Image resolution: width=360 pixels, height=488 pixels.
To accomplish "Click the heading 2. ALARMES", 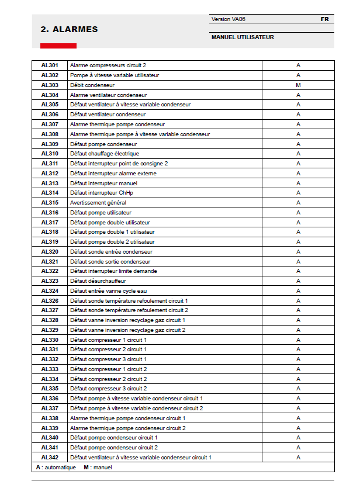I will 69,29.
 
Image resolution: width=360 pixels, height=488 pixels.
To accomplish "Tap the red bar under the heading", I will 58,46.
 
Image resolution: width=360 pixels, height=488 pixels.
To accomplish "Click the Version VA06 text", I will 229,19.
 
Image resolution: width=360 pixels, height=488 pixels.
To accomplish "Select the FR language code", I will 324,19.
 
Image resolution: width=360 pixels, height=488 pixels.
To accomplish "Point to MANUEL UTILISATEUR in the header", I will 243,37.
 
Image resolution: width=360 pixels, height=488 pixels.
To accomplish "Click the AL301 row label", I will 50,65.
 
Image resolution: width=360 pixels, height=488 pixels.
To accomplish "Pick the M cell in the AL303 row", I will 298,85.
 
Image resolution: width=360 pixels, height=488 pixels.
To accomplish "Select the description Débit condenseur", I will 92,85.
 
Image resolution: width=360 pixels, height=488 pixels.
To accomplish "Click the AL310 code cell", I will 50,154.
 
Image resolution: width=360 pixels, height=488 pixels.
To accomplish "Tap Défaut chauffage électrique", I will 105,154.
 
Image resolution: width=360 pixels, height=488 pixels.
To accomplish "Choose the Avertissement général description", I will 98,203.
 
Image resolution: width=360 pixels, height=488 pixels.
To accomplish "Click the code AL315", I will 50,203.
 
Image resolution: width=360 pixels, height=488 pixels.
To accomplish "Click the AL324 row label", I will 50,291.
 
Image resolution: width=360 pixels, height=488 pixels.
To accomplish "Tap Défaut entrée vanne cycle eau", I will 109,291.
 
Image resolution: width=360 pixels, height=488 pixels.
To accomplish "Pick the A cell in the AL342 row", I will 298,457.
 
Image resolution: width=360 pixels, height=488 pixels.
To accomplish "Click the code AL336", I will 50,399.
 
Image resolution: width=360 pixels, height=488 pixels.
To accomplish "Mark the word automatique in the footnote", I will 61,468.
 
